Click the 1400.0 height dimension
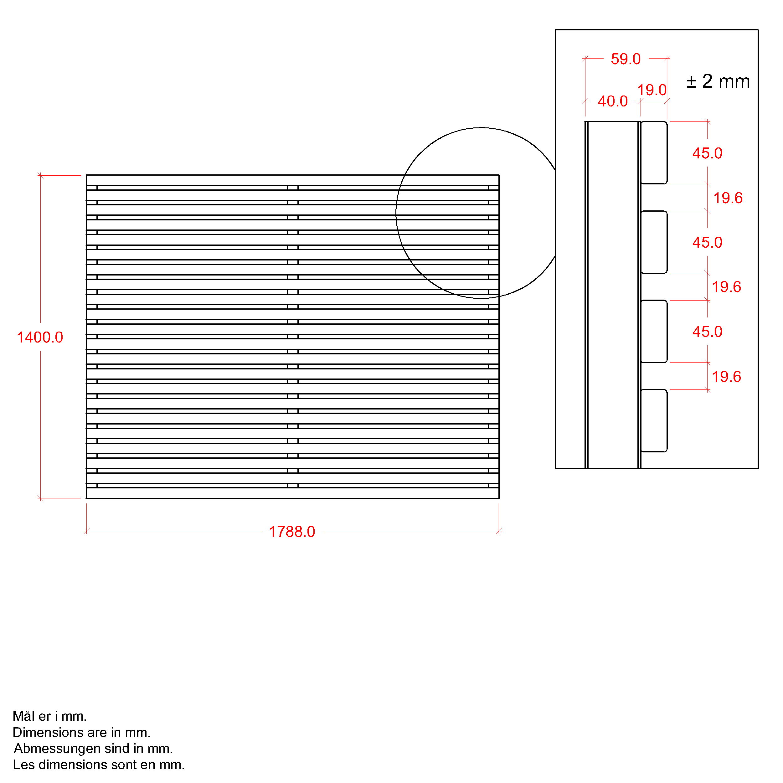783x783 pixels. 40,337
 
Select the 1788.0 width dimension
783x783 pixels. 292,532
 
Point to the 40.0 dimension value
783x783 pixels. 613,101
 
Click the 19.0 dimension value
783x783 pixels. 652,90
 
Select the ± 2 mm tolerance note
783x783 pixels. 718,81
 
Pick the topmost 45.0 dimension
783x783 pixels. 707,153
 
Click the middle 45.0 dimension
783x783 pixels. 707,242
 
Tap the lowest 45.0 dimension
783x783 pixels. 707,332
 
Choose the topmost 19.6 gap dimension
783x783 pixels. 728,198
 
